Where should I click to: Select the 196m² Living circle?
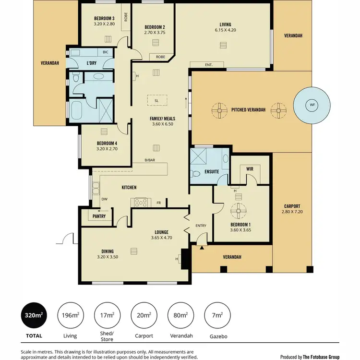[x=70, y=315]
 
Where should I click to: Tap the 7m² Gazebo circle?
[x=217, y=315]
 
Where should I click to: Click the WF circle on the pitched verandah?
[x=312, y=105]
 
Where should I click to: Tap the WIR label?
[x=249, y=169]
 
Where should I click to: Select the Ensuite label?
[x=212, y=171]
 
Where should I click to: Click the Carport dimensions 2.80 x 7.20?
[x=292, y=212]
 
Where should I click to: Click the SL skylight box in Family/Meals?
[x=156, y=101]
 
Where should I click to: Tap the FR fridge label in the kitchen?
[x=158, y=203]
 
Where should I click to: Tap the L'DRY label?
[x=92, y=63]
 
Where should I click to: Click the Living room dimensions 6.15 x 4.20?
[x=225, y=30]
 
